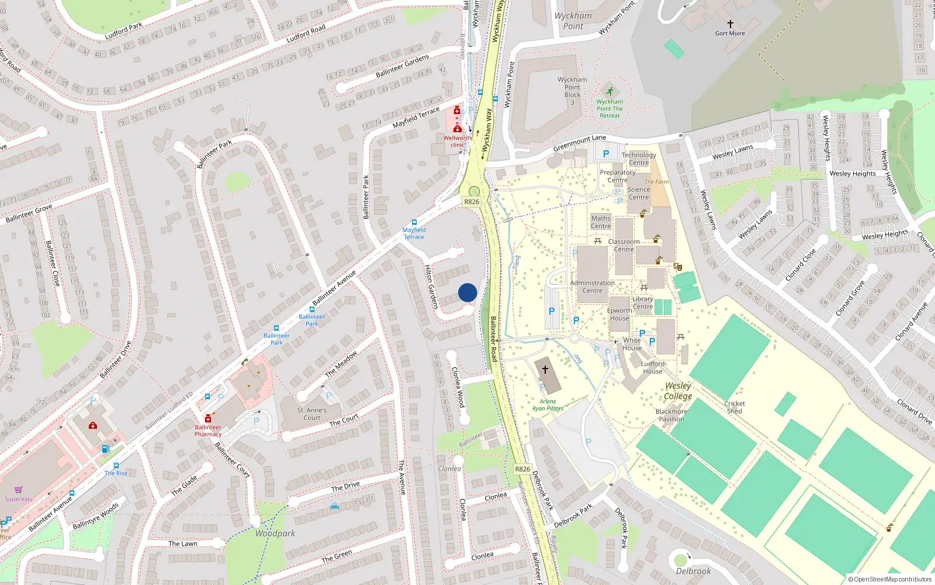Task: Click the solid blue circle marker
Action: tap(467, 292)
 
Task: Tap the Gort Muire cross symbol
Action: tap(730, 24)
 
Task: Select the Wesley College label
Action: tap(678, 391)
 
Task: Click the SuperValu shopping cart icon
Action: tap(18, 490)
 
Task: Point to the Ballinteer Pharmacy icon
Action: tap(207, 418)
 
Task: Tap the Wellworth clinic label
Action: tap(457, 142)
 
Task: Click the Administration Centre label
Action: tap(592, 287)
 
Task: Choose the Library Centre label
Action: tap(642, 302)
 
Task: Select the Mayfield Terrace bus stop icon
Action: tap(414, 222)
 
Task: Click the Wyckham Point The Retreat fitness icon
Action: tap(610, 91)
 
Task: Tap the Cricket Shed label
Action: tap(735, 407)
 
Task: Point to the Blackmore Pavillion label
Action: tap(671, 415)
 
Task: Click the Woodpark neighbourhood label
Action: tap(275, 534)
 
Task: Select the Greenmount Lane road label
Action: tap(580, 143)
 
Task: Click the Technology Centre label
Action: tap(639, 159)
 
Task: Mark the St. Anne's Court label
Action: tap(311, 414)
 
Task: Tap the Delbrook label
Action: tap(693, 571)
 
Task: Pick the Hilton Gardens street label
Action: tap(431, 287)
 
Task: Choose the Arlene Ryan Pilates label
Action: tap(548, 405)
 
